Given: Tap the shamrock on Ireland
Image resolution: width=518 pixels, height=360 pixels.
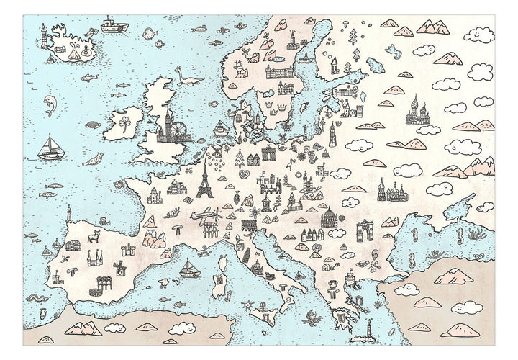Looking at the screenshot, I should pos(126,122).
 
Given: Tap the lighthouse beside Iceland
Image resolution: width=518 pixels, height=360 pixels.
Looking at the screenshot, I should pos(43,33).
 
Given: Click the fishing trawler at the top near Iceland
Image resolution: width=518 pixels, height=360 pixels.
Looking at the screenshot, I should pos(111,25).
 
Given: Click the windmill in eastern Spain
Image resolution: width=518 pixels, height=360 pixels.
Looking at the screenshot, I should pos(121,267).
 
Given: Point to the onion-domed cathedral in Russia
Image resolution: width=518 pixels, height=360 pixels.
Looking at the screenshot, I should pos(417,112).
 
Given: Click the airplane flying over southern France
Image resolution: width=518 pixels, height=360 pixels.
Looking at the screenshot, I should pos(206,216).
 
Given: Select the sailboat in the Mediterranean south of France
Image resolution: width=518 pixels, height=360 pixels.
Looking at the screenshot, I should pos(189,269).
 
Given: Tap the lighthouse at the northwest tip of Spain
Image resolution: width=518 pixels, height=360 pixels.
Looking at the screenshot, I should pos(69,214).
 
